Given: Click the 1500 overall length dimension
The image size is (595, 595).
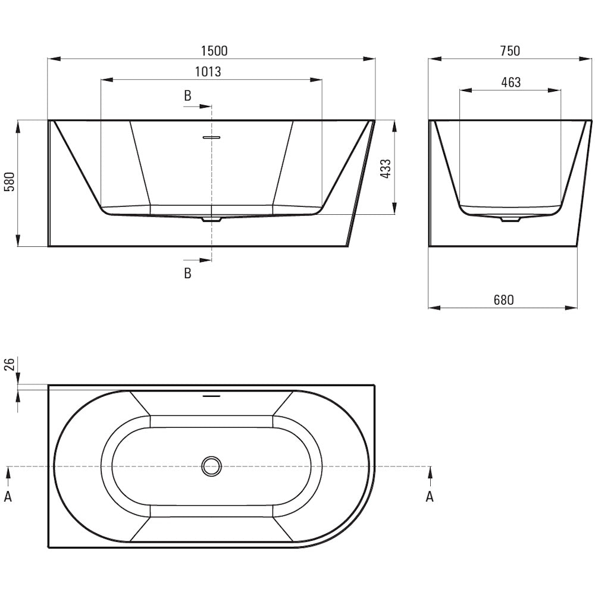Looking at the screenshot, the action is click(x=214, y=51).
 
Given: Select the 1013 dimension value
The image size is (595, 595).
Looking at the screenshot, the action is click(x=208, y=72).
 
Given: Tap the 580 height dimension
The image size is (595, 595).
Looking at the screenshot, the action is click(x=9, y=181).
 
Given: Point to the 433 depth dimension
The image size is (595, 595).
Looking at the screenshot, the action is click(x=385, y=169).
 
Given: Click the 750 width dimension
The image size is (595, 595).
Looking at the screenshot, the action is click(x=510, y=51).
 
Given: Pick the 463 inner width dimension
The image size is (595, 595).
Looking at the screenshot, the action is click(x=511, y=82).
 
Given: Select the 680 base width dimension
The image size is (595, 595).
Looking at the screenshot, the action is click(x=503, y=300).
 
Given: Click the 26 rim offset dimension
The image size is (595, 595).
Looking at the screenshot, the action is click(x=9, y=364).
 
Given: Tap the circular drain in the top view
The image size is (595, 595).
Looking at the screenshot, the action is click(x=212, y=466).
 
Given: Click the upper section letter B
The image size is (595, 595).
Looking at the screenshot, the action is click(x=187, y=96).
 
